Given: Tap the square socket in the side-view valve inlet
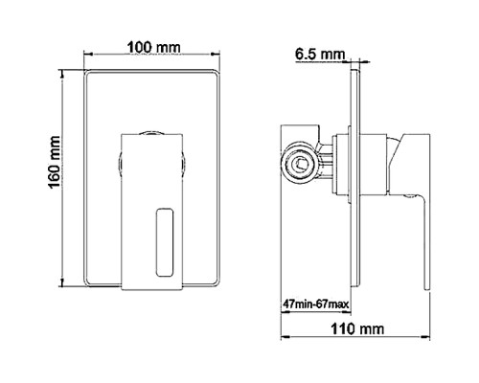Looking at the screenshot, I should coord(300,165).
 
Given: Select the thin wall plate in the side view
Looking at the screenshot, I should coord(356,182).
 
